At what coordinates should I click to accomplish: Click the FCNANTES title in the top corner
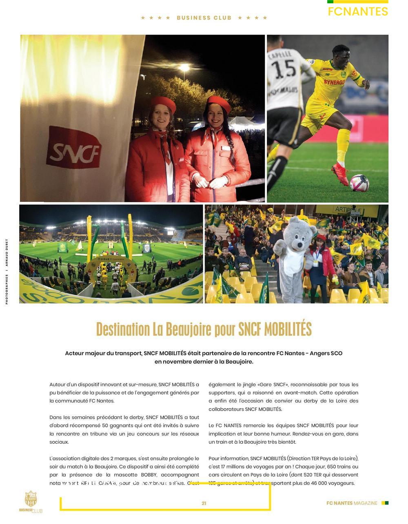click(358, 11)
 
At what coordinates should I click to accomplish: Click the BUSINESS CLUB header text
click(204, 18)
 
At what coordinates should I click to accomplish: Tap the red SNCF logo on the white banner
click(74, 148)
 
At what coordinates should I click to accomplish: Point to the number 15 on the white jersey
click(284, 69)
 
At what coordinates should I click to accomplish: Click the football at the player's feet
click(359, 183)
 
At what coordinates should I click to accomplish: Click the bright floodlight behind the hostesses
click(184, 67)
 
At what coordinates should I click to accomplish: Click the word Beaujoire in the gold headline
click(188, 329)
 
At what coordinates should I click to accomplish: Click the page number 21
click(204, 503)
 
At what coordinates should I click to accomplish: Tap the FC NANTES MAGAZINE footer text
click(352, 503)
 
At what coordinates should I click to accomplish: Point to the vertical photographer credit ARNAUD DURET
click(7, 253)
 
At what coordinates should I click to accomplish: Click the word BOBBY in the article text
click(149, 475)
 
